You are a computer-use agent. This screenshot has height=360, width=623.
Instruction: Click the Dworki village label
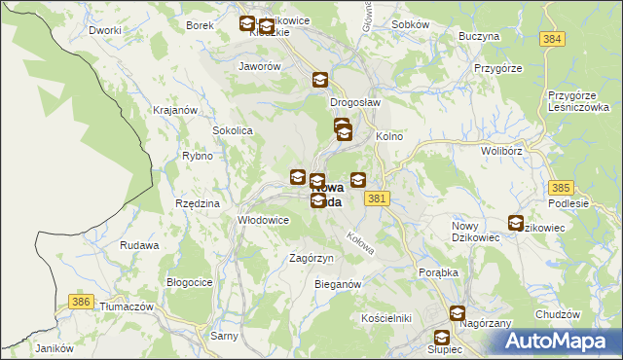coord(104,30)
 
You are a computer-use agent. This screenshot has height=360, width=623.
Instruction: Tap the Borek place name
coord(199,25)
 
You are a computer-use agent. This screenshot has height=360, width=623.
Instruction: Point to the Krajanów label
coord(176,109)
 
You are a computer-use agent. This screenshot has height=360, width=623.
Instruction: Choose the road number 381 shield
coord(380,198)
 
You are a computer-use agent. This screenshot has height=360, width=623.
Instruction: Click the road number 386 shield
coord(82,303)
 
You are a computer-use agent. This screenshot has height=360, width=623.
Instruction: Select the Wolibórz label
coord(503,151)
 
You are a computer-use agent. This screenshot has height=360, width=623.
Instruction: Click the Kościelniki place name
coord(386,318)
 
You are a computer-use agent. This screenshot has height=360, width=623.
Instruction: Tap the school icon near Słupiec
coord(458,313)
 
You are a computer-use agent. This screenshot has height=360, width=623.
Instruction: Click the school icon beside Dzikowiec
coord(515,223)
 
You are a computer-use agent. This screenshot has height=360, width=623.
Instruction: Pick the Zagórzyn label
coord(312,258)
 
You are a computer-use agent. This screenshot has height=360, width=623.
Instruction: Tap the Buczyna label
coord(479,35)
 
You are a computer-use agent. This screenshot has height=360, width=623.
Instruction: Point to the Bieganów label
coord(339,284)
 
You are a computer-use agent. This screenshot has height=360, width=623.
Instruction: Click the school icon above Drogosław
coord(320,81)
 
